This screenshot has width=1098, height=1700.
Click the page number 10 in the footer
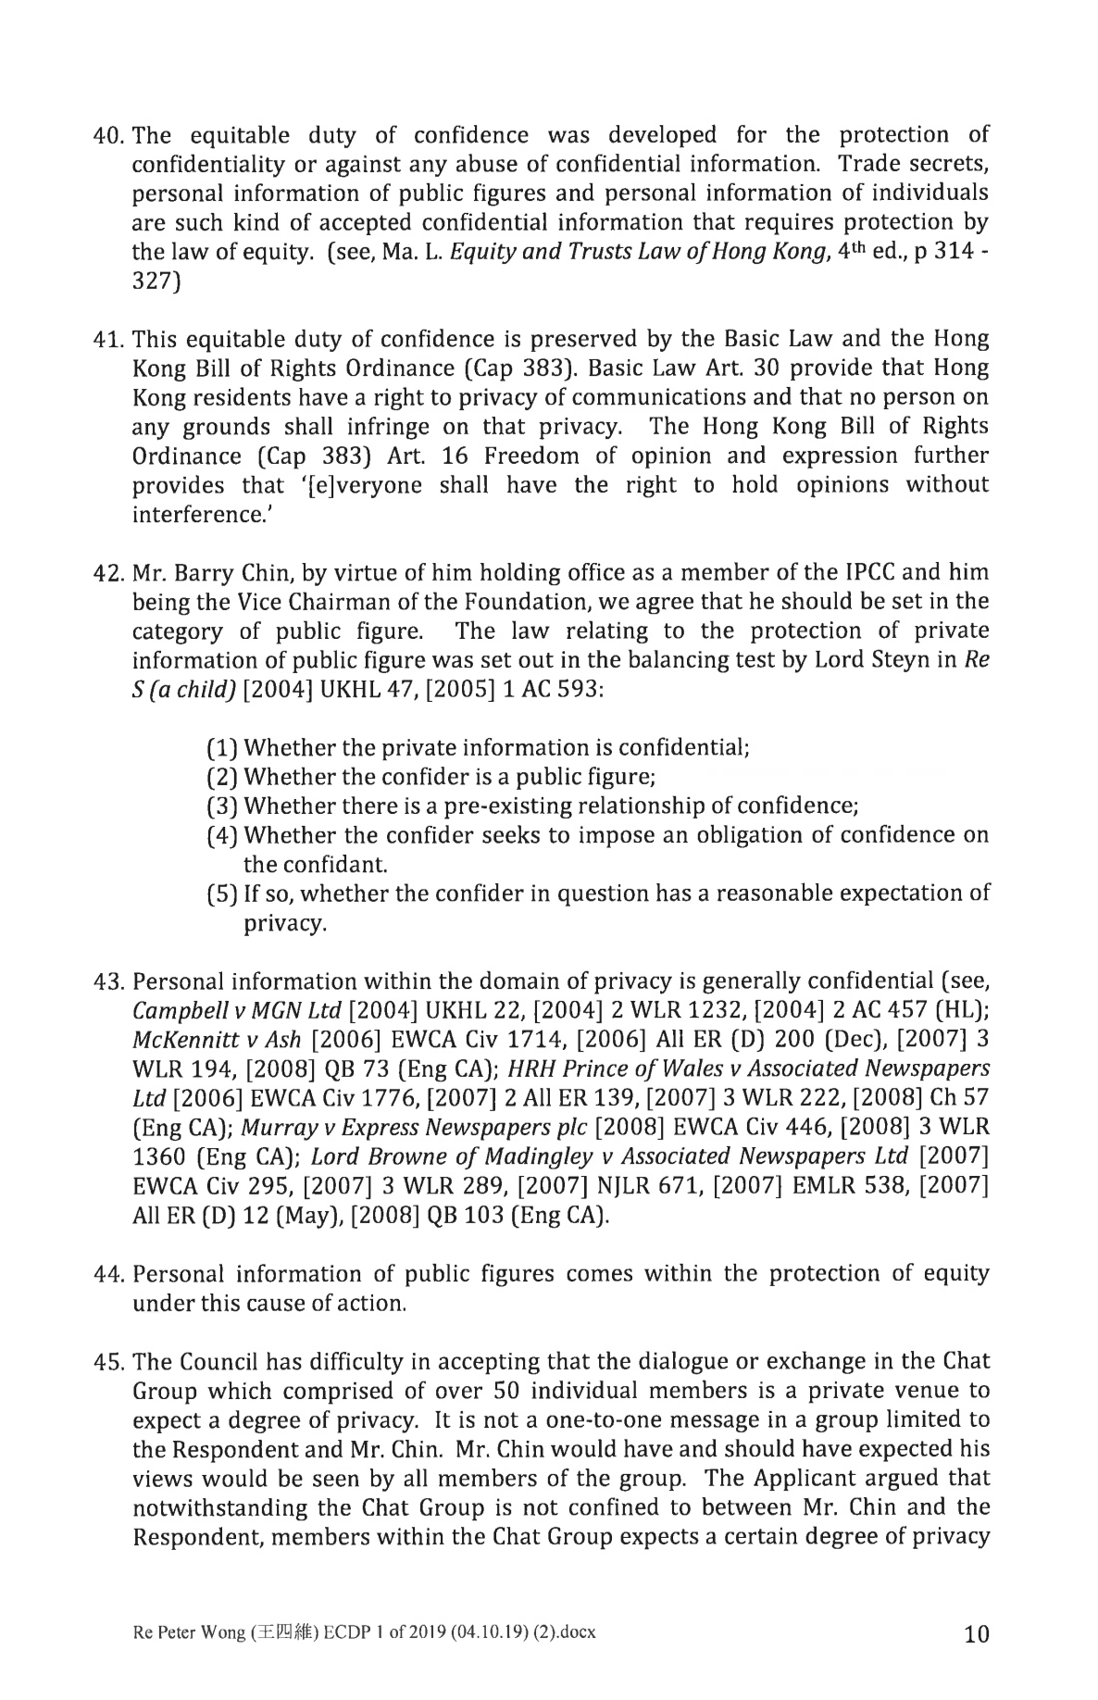pos(976,1633)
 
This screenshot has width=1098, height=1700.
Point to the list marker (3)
pos(221,806)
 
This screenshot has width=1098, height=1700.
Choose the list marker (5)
pos(221,894)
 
